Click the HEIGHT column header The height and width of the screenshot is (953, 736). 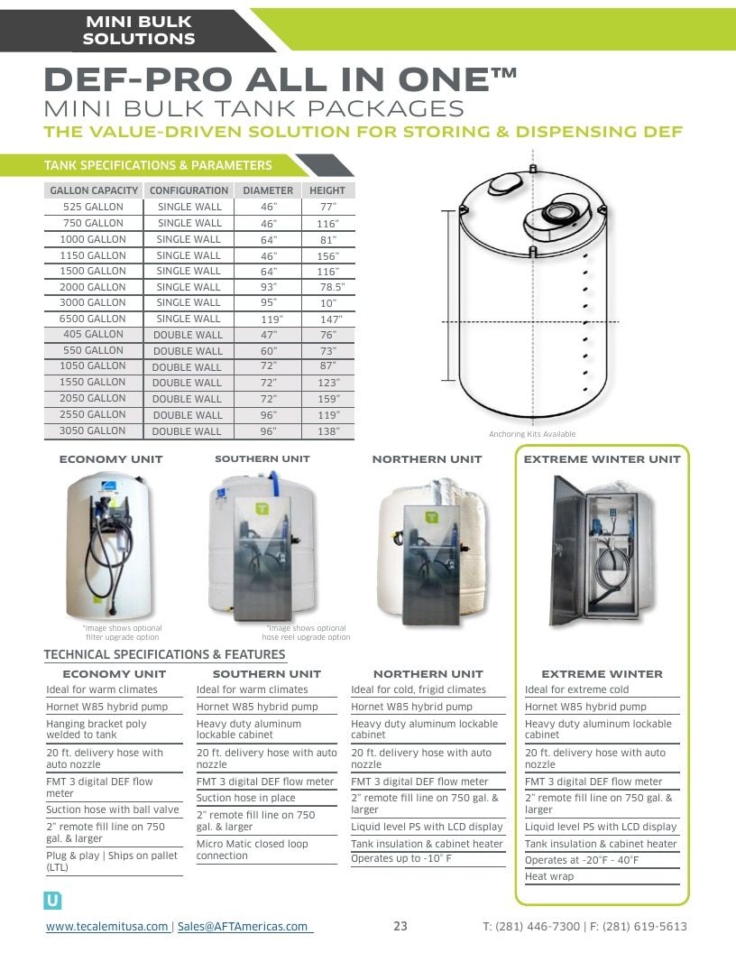pos(327,190)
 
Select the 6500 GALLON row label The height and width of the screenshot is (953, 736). pos(92,319)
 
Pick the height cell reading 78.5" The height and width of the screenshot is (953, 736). pos(332,287)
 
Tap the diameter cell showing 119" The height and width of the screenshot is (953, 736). pos(271,319)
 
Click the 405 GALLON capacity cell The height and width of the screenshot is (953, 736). pos(93,334)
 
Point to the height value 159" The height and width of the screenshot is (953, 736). pos(328,399)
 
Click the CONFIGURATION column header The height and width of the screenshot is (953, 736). pos(189,190)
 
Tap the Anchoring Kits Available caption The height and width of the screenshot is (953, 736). pos(532,434)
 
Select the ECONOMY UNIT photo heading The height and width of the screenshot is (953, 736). pos(111,459)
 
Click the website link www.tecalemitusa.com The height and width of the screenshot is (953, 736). pos(106,926)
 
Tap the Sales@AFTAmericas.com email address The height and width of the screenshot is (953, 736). pos(243,926)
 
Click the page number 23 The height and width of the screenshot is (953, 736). pos(400,926)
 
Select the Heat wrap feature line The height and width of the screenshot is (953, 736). pos(549,876)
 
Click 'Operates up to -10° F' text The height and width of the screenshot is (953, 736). pos(401,859)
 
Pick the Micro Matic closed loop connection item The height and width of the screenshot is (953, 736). pos(252,850)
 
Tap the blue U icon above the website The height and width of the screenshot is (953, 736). pos(53,901)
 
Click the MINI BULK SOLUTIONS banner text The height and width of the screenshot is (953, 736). pos(139,31)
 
